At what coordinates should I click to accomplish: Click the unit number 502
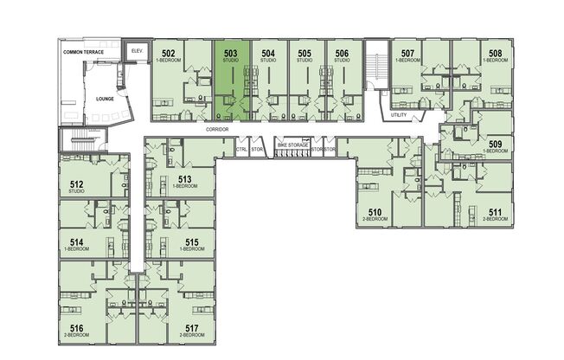point(169,54)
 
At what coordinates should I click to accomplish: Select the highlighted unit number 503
point(230,54)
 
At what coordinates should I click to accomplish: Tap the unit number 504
point(268,54)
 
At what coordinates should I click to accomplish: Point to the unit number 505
point(304,54)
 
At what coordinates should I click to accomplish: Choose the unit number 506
point(342,54)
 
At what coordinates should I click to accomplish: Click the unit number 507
point(408,54)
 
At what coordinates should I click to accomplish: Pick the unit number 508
point(496,54)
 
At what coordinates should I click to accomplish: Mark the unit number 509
point(496,144)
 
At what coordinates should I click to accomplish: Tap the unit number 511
point(496,212)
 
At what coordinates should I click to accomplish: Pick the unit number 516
point(76,328)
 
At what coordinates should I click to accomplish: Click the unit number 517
point(192,328)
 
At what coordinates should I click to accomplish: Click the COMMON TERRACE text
point(83,53)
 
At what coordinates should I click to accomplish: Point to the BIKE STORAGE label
point(292,145)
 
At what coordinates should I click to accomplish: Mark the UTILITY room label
point(399,114)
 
